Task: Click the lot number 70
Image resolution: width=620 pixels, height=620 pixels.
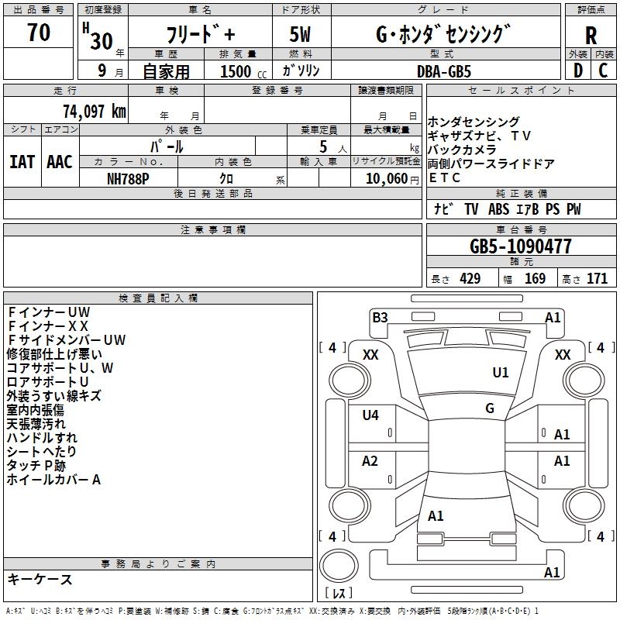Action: coord(38,32)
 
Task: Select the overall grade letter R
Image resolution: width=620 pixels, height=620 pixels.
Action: coord(591,36)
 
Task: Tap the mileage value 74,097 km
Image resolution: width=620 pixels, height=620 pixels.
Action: coord(95,111)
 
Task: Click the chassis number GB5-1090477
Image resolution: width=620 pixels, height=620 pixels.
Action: coord(521,246)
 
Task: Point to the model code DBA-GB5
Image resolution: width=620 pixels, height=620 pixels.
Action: coord(444,71)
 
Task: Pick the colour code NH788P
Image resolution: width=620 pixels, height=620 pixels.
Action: coord(128,179)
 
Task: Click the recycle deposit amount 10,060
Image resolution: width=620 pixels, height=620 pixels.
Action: coord(387,179)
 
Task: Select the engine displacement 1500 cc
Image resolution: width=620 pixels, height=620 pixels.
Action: coord(243,71)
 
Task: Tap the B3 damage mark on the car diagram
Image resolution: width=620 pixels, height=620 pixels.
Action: coord(380,318)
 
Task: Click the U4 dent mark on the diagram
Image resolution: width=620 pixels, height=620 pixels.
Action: coord(370,415)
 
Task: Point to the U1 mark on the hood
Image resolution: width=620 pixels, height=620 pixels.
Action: coord(501,372)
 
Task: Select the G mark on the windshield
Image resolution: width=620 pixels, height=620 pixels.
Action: coord(490,408)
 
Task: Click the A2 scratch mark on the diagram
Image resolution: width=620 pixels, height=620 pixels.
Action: coord(370,460)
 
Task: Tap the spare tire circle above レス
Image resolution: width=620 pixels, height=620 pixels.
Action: coord(339,566)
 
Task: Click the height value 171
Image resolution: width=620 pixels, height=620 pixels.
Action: coord(597,278)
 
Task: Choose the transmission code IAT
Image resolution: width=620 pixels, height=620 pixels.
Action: coord(22,162)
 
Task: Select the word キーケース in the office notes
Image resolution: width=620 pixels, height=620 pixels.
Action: coord(40,579)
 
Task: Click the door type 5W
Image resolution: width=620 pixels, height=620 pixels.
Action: coord(300,34)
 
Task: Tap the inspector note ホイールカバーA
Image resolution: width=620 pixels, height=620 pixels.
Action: coord(53,480)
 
